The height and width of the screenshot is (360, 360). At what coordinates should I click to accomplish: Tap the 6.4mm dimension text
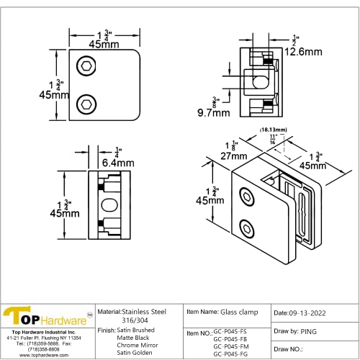[118, 163]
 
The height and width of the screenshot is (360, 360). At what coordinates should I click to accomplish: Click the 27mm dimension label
[215, 153]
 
